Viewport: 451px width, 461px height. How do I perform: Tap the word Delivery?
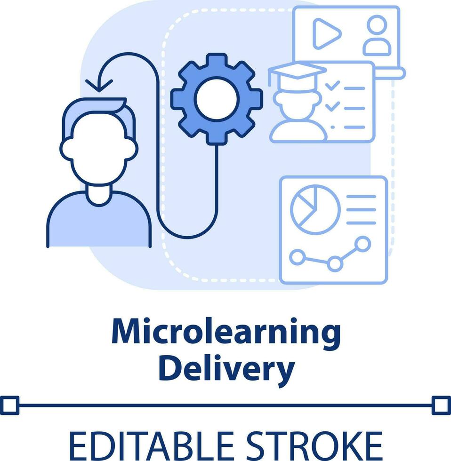tap(230, 369)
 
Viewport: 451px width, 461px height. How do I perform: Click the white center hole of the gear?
tap(217, 98)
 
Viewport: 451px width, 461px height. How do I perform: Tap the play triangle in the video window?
tap(326, 33)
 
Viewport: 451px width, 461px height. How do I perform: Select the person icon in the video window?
tap(377, 36)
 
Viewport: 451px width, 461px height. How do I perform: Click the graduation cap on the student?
tap(297, 72)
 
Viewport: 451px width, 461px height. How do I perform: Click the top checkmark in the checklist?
tap(332, 86)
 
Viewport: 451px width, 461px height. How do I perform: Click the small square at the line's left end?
tap(9, 405)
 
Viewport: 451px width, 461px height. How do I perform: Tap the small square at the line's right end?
tap(441, 405)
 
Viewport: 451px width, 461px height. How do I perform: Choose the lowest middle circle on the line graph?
tap(335, 263)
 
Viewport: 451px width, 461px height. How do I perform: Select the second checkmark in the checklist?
tap(332, 106)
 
